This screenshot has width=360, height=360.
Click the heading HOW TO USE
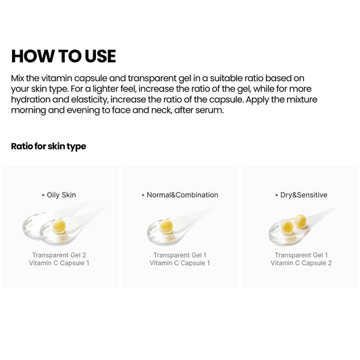(x=63, y=56)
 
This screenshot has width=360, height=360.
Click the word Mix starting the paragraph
(x=19, y=78)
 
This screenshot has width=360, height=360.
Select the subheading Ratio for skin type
(x=49, y=146)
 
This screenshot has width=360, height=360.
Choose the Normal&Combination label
(x=182, y=195)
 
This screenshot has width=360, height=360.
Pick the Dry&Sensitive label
(x=303, y=195)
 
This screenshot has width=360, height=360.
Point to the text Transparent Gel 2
(x=60, y=255)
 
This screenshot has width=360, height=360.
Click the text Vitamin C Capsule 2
(x=301, y=263)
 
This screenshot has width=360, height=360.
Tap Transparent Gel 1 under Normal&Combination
(x=180, y=255)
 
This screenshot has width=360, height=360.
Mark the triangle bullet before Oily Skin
(x=43, y=195)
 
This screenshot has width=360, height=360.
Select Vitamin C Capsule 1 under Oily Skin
(x=60, y=263)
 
